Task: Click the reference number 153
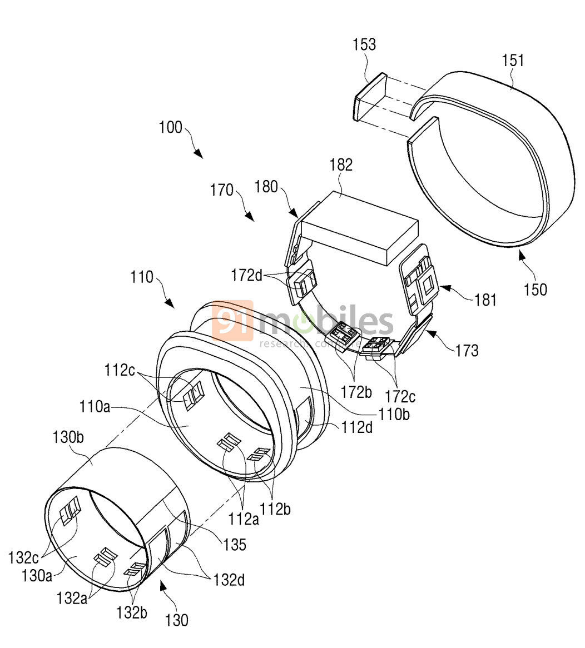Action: [364, 44]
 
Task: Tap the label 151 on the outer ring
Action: [513, 60]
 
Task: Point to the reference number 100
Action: [170, 127]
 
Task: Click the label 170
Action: [222, 191]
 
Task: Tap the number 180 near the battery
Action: [266, 187]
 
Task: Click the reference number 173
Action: [467, 350]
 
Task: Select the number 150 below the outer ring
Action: [534, 290]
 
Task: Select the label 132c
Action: [23, 556]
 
